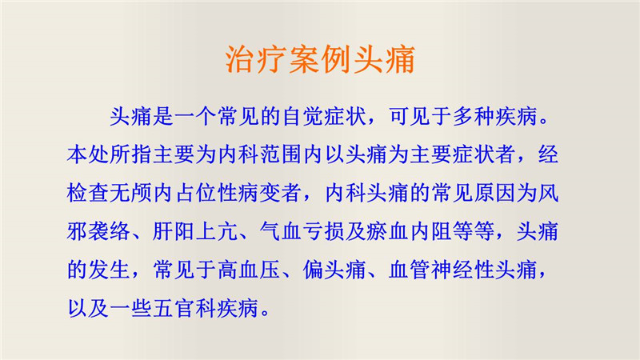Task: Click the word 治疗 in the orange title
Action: click(x=256, y=59)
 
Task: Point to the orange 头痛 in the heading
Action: click(x=384, y=59)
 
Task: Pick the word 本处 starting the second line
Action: click(x=88, y=154)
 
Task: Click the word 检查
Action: click(x=88, y=193)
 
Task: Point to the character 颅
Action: click(x=142, y=193)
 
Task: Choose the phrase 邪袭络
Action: click(x=98, y=231)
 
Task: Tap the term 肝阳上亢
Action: click(x=194, y=231)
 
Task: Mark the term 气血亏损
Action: click(x=302, y=231)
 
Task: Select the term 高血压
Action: click(x=249, y=270)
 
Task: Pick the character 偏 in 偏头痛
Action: click(x=313, y=270)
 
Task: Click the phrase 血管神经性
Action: click(x=442, y=270)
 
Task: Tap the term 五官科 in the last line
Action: click(x=184, y=308)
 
